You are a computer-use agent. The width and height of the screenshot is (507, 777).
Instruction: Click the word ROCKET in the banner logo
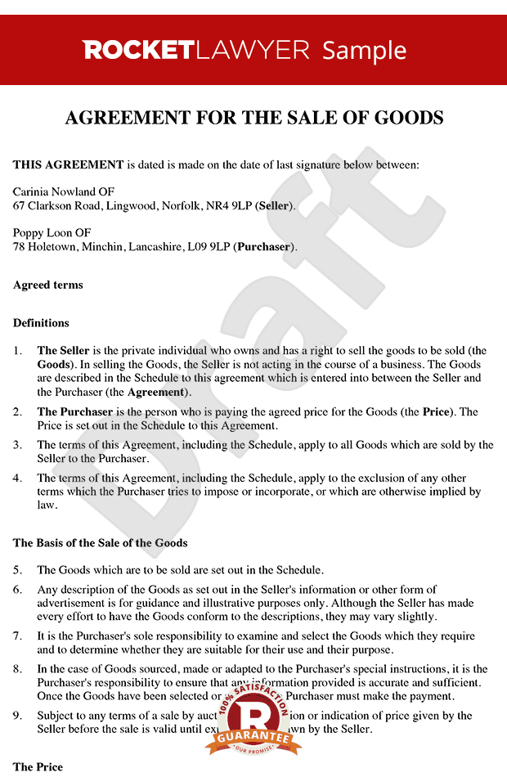pos(137,50)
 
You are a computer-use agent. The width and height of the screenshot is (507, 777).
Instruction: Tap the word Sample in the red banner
pos(364,51)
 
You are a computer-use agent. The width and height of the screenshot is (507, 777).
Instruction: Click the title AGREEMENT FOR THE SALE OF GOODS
pos(253,118)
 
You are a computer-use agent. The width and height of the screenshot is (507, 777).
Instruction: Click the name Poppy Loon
pos(41,233)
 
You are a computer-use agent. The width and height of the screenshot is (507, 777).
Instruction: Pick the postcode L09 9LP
pos(208,246)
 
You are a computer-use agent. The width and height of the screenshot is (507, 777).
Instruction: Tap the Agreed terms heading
pos(48,285)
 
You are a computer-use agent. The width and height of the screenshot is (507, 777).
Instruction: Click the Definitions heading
pos(41,323)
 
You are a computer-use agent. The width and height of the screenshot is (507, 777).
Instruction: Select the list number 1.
pos(18,351)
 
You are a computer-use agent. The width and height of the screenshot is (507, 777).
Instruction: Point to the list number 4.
pos(18,478)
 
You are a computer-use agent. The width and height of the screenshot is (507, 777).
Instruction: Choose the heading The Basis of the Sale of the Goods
pos(101,543)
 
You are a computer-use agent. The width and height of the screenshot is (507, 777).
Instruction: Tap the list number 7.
pos(18,636)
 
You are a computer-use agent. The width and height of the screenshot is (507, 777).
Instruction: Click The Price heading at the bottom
pos(38,767)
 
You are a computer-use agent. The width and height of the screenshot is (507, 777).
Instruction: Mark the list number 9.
pos(18,716)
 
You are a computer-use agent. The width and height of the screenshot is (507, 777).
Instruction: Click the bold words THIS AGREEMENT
pos(68,165)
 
